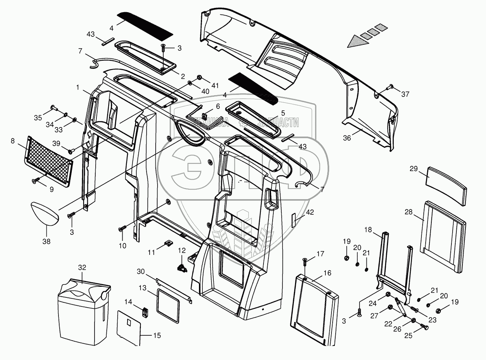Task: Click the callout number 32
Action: (82, 267)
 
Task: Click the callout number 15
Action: (157, 335)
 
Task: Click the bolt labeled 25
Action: (424, 327)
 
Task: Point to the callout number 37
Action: (405, 94)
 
